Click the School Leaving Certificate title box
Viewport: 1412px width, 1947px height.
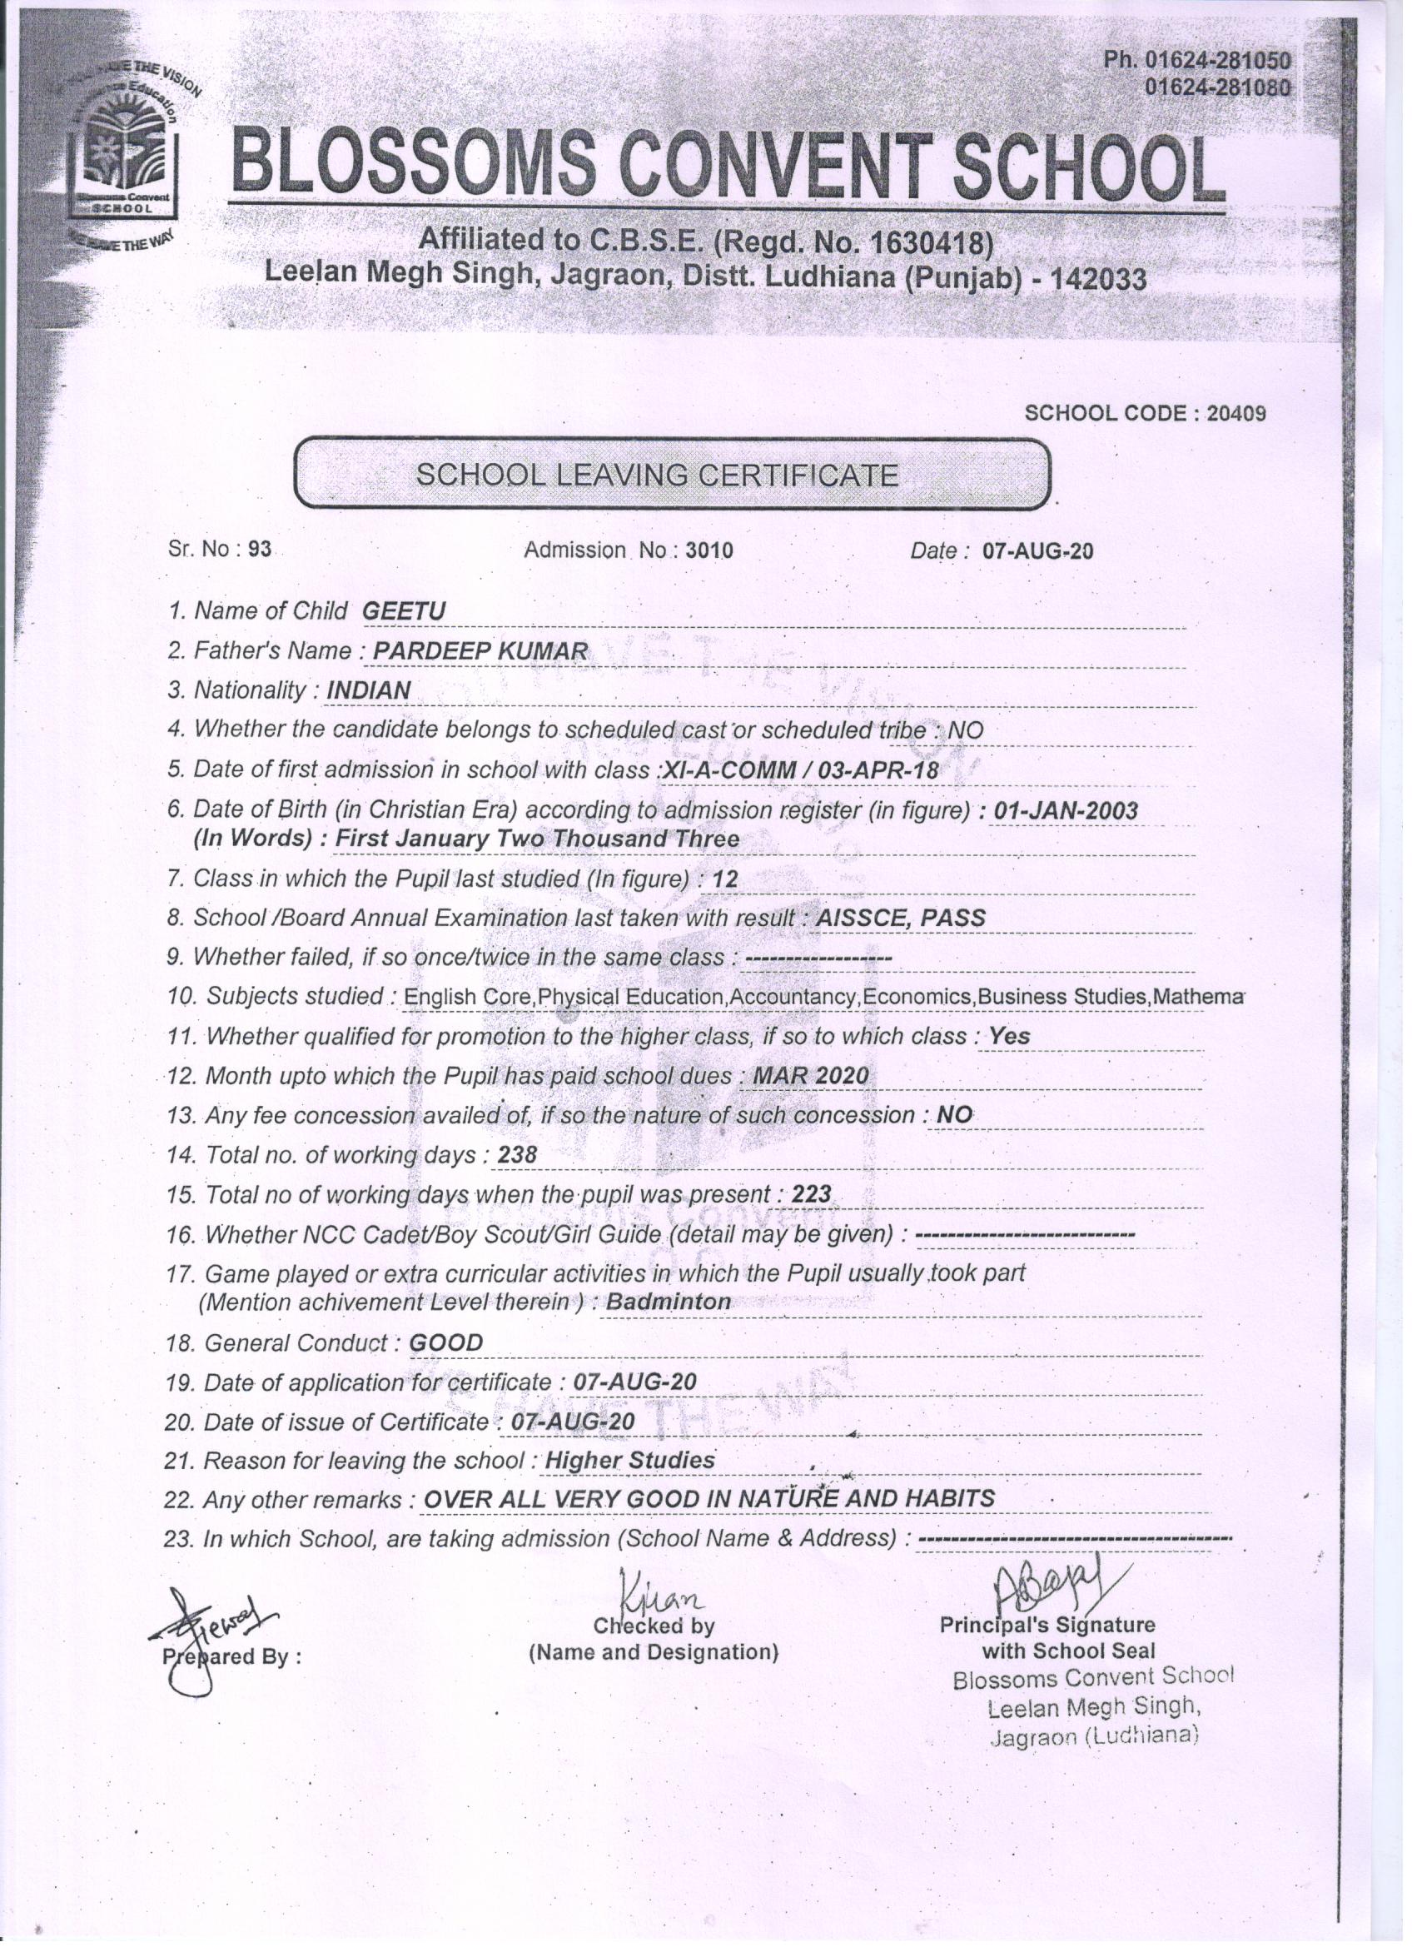[672, 475]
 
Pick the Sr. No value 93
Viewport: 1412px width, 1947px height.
[259, 550]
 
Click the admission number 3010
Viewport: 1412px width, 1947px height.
[709, 550]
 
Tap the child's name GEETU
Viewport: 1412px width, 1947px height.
[404, 611]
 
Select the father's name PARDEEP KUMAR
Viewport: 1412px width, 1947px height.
[481, 650]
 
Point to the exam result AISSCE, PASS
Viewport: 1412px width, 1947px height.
[901, 918]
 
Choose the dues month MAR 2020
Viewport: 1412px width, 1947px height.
[810, 1076]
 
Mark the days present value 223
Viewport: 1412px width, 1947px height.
[812, 1194]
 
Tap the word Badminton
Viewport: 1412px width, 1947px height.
[669, 1302]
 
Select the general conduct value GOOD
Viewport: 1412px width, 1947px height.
[446, 1342]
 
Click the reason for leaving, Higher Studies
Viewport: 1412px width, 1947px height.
[630, 1461]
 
